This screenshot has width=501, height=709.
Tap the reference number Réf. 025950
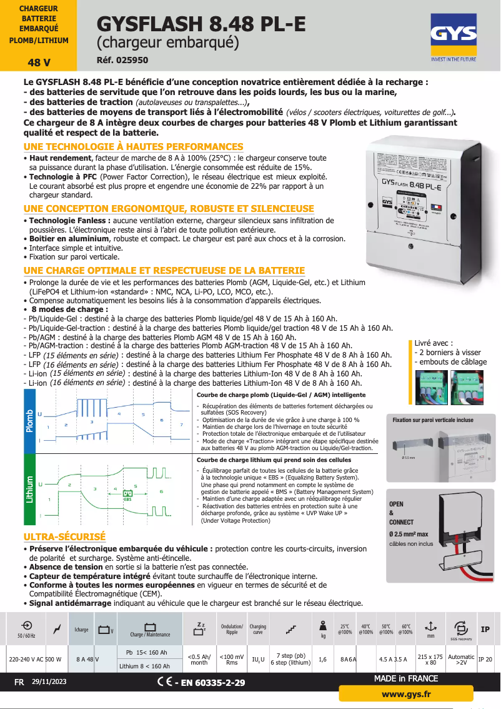point(122,61)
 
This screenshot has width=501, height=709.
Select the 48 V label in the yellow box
point(39,63)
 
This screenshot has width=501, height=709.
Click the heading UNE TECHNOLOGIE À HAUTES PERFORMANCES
point(133,146)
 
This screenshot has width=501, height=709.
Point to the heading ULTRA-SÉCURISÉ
point(64,537)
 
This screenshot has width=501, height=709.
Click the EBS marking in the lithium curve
point(127,498)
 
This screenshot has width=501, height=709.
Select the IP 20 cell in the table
point(485,659)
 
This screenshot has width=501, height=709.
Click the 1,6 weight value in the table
point(322,659)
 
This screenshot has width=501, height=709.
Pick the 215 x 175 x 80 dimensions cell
point(430,659)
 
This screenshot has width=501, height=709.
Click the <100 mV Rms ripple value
point(232,659)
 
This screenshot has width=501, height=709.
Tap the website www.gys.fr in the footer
point(406,694)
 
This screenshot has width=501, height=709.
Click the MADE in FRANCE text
point(406,679)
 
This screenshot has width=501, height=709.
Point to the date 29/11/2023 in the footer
point(50,682)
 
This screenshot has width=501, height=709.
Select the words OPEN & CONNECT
point(401,513)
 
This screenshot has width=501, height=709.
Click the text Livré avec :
point(434,343)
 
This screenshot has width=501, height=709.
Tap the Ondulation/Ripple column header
point(232,628)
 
